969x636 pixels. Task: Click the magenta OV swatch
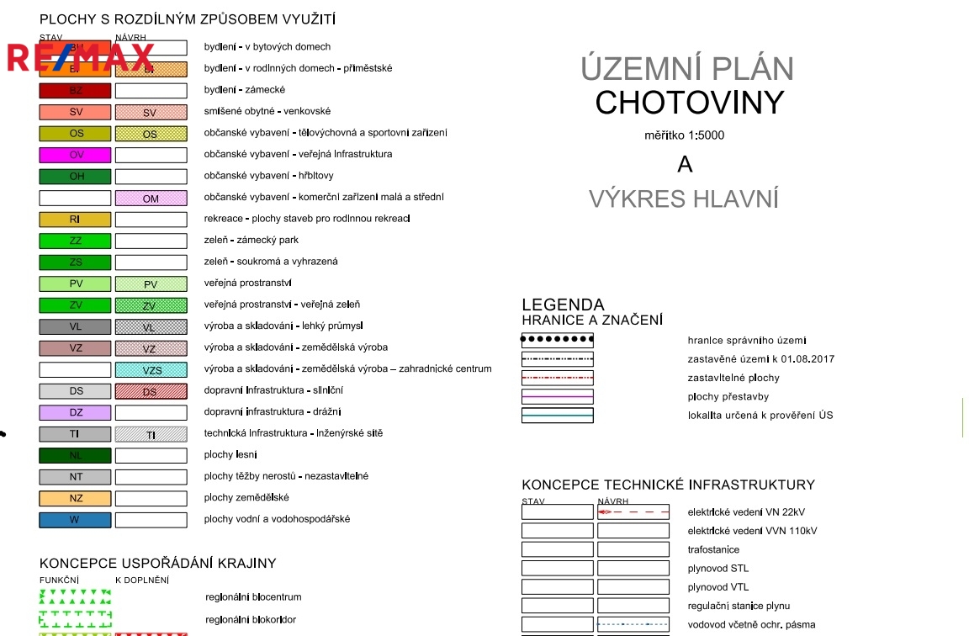click(75, 155)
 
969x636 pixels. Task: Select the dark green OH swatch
click(75, 177)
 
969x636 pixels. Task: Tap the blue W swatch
click(75, 519)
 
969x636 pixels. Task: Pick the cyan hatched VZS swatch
click(151, 369)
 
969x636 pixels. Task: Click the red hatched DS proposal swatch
click(151, 390)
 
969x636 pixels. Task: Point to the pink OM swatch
click(151, 199)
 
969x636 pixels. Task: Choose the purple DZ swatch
click(75, 412)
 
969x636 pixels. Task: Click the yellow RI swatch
click(75, 220)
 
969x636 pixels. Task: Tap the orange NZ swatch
click(75, 498)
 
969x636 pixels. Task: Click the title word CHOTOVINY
click(689, 103)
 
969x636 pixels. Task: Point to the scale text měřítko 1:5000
click(684, 135)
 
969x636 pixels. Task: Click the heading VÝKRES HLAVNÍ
click(683, 199)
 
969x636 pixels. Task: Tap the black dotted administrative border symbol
click(557, 340)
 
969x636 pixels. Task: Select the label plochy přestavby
click(728, 396)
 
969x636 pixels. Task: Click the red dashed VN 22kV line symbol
click(633, 511)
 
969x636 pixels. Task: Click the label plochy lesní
click(230, 455)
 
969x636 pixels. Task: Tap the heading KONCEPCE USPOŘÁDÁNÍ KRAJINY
click(157, 563)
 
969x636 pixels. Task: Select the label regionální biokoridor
click(251, 620)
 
